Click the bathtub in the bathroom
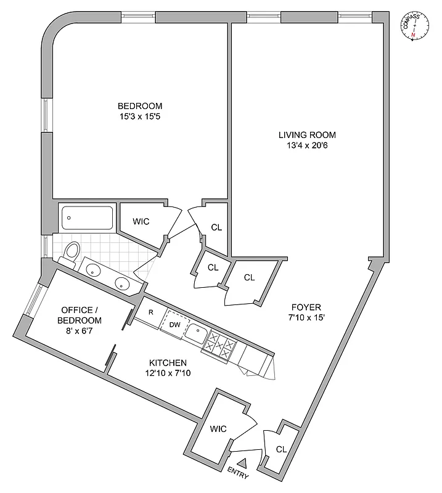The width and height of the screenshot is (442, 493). pos(87,218)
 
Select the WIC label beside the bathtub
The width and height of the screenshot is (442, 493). pos(142,221)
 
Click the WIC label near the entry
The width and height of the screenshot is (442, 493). pos(219,428)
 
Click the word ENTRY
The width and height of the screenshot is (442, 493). pos(242,475)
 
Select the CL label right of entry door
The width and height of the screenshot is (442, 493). pos(280,449)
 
